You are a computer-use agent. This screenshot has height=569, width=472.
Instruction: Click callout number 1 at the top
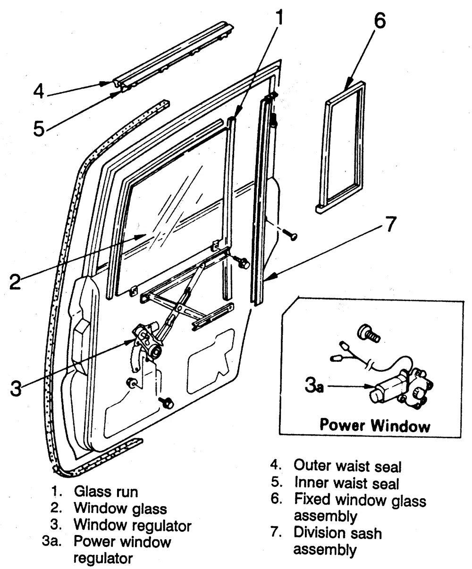click(279, 17)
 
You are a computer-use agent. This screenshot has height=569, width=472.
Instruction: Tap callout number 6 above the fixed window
click(380, 21)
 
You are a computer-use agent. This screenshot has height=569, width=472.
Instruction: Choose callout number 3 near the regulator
click(16, 388)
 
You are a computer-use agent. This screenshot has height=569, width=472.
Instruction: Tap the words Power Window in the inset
click(375, 426)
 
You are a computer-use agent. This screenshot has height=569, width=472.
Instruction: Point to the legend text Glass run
click(106, 492)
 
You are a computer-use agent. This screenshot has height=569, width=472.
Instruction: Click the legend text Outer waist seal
click(347, 466)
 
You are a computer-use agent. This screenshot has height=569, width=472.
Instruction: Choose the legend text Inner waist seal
click(346, 483)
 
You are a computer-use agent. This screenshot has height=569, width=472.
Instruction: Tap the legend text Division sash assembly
click(337, 541)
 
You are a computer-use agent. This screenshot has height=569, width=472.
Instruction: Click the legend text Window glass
click(120, 508)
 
